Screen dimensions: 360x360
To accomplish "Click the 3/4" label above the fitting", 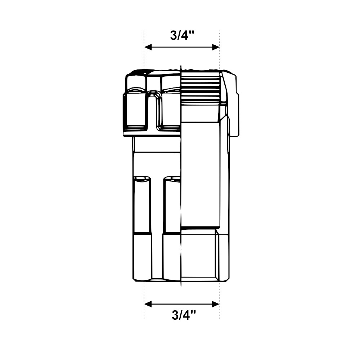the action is point(182,36).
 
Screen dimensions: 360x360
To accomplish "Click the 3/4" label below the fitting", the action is point(184,315).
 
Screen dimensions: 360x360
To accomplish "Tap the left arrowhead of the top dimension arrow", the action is point(148,47).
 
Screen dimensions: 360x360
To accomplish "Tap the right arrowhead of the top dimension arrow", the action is point(216,47).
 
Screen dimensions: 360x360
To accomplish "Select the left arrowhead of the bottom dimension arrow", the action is point(148,304).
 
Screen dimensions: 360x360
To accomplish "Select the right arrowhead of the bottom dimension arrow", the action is point(216,304).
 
